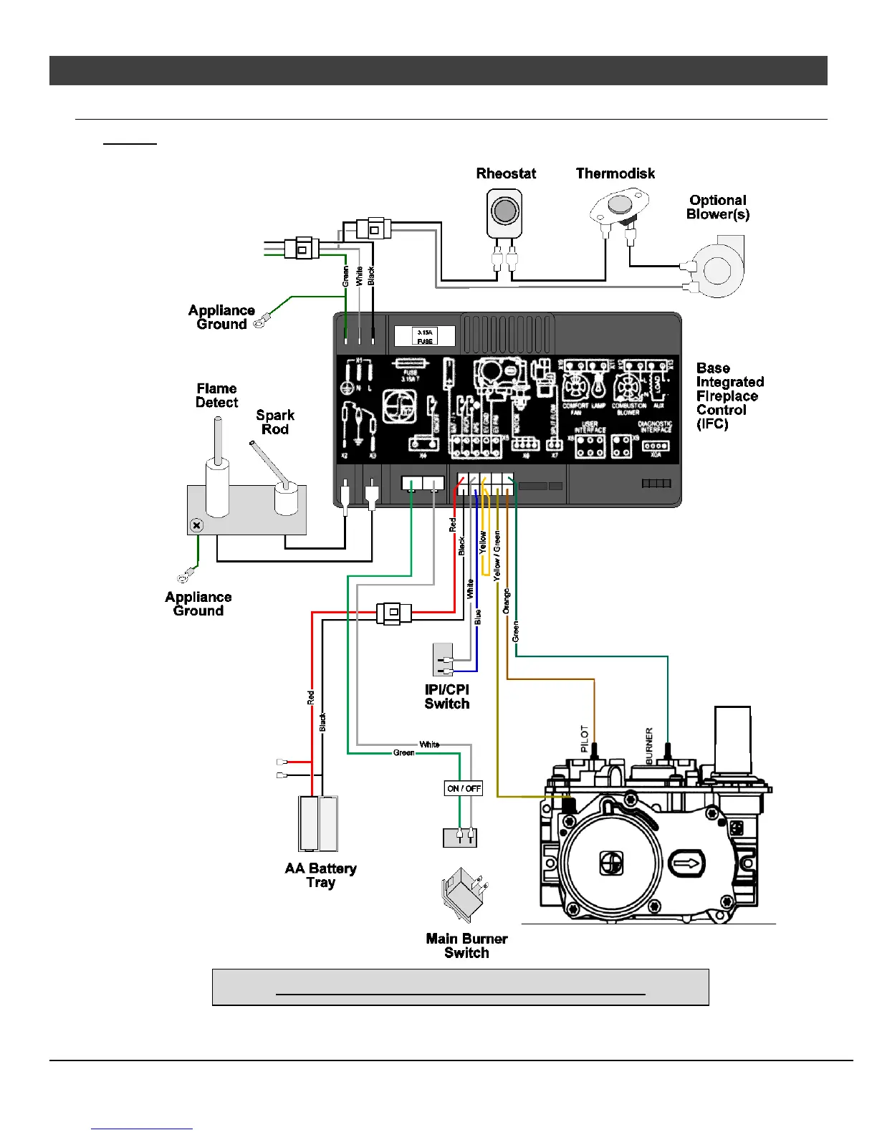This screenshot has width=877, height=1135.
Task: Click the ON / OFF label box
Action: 464,788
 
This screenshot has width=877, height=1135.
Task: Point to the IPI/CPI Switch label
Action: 446,696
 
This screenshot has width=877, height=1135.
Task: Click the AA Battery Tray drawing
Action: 318,823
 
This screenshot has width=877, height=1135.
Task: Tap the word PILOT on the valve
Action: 584,739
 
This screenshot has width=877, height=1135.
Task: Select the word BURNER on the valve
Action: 649,746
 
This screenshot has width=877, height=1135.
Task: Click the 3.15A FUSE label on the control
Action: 425,337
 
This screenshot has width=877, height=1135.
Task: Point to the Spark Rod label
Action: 275,422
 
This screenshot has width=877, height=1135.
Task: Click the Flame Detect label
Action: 216,396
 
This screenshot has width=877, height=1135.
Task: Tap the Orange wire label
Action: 506,601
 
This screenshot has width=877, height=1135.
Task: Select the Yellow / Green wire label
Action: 497,555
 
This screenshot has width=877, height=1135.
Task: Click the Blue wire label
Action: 477,617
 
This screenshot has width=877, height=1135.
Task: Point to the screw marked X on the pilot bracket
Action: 197,525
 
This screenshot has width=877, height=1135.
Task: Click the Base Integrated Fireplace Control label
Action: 729,396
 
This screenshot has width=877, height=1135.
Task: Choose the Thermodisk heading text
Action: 615,173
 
